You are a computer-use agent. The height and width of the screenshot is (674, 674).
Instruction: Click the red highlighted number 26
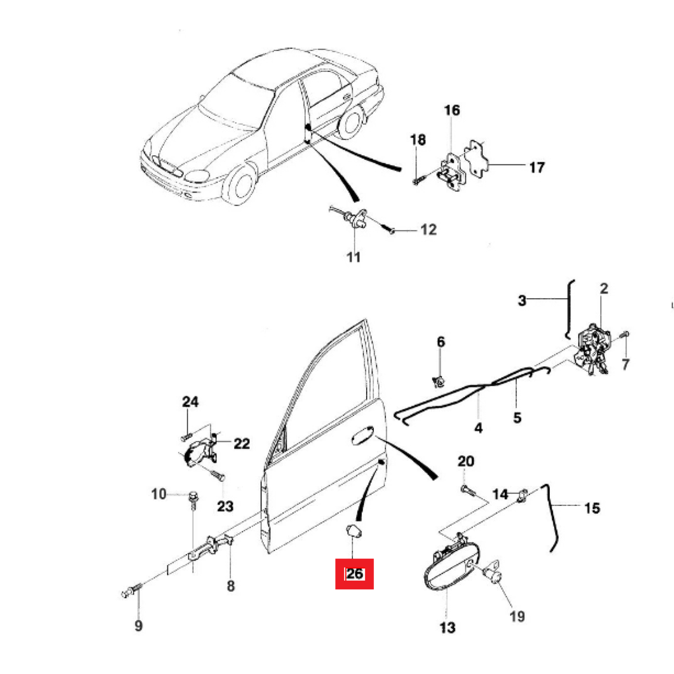(355, 574)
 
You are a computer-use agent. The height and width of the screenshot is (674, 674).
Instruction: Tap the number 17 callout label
(537, 167)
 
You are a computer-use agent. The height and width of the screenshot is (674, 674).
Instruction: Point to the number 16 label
(452, 110)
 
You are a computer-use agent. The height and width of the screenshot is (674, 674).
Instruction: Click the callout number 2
(604, 288)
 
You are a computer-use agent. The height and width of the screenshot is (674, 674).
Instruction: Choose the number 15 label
(592, 508)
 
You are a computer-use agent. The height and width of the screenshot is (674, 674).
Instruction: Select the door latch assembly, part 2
(592, 347)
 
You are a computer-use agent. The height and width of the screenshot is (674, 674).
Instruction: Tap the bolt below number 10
(192, 499)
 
